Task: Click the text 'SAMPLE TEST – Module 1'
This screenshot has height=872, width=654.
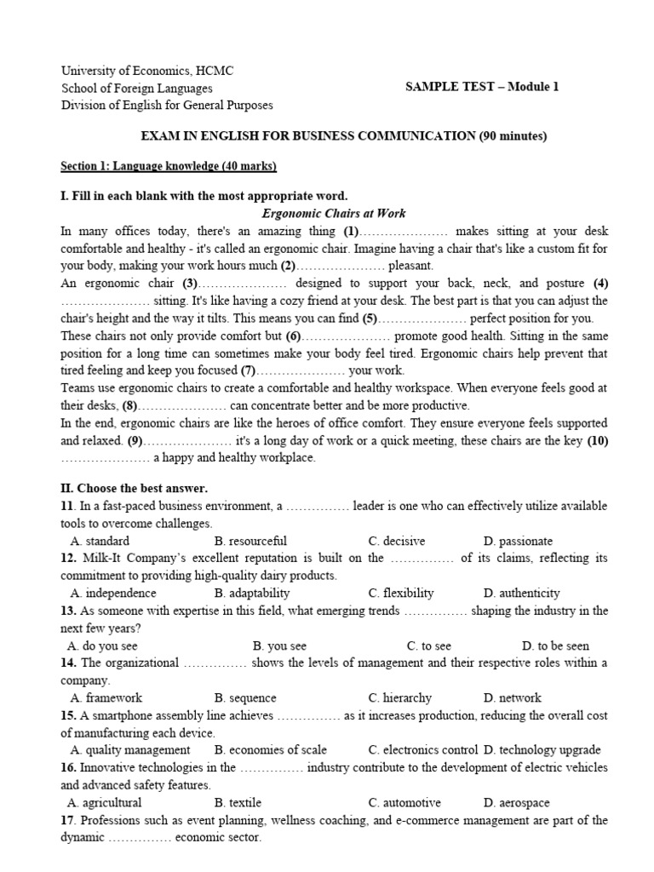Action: click(482, 88)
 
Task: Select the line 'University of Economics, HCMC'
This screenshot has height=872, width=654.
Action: click(147, 71)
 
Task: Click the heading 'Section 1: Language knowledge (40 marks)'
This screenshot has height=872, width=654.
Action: click(169, 165)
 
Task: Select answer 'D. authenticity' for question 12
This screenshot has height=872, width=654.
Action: click(521, 593)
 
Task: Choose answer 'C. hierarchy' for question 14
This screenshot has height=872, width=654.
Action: click(399, 697)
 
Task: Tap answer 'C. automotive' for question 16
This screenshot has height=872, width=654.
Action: click(404, 802)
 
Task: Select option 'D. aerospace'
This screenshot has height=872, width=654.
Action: click(516, 802)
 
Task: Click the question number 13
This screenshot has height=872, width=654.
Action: click(68, 611)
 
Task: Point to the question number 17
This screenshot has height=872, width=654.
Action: click(68, 820)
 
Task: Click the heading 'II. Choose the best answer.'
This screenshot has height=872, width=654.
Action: click(134, 488)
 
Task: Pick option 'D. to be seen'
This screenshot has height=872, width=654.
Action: click(555, 645)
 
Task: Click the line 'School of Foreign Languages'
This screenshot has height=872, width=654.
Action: click(137, 88)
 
